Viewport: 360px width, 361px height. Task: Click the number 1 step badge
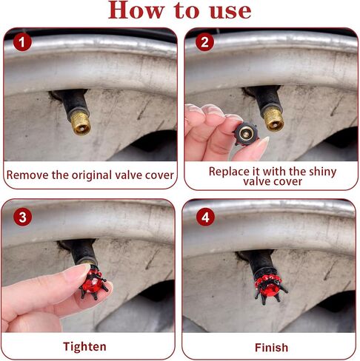tap(22, 42)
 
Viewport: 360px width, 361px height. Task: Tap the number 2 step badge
tap(204, 42)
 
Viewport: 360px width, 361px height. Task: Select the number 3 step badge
tap(22, 217)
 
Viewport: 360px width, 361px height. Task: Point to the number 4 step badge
tap(205, 217)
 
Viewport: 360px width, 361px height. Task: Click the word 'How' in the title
tap(136, 10)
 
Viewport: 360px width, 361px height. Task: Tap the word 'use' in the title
tap(230, 12)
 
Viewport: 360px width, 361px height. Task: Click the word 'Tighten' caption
tap(84, 347)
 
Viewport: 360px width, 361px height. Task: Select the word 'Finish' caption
tap(271, 348)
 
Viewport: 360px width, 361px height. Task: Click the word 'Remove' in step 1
tap(27, 175)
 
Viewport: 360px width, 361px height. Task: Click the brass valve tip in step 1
tap(80, 123)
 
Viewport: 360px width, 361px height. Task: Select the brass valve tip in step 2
tap(273, 119)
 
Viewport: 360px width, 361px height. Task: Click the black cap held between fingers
tap(246, 133)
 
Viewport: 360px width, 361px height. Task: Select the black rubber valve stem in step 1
tap(74, 101)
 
